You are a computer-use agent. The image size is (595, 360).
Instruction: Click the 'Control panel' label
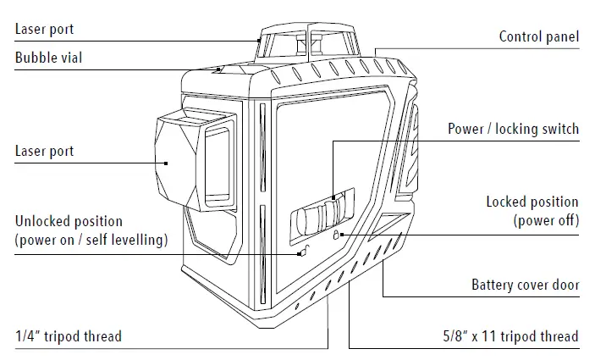tap(538, 36)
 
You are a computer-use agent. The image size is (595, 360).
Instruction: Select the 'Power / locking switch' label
tap(513, 129)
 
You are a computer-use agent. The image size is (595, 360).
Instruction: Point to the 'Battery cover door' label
tap(525, 285)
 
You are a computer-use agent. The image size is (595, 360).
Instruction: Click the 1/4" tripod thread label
tap(68, 336)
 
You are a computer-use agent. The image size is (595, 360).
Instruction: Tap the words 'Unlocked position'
tap(69, 222)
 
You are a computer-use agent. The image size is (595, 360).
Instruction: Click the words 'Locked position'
tap(532, 202)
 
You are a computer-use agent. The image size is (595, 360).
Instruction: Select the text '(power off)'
tap(546, 220)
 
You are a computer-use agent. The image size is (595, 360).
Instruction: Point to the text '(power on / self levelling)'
tap(91, 240)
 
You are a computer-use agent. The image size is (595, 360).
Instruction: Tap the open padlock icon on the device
tap(302, 251)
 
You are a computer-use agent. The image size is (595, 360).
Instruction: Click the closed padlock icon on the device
tap(335, 235)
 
